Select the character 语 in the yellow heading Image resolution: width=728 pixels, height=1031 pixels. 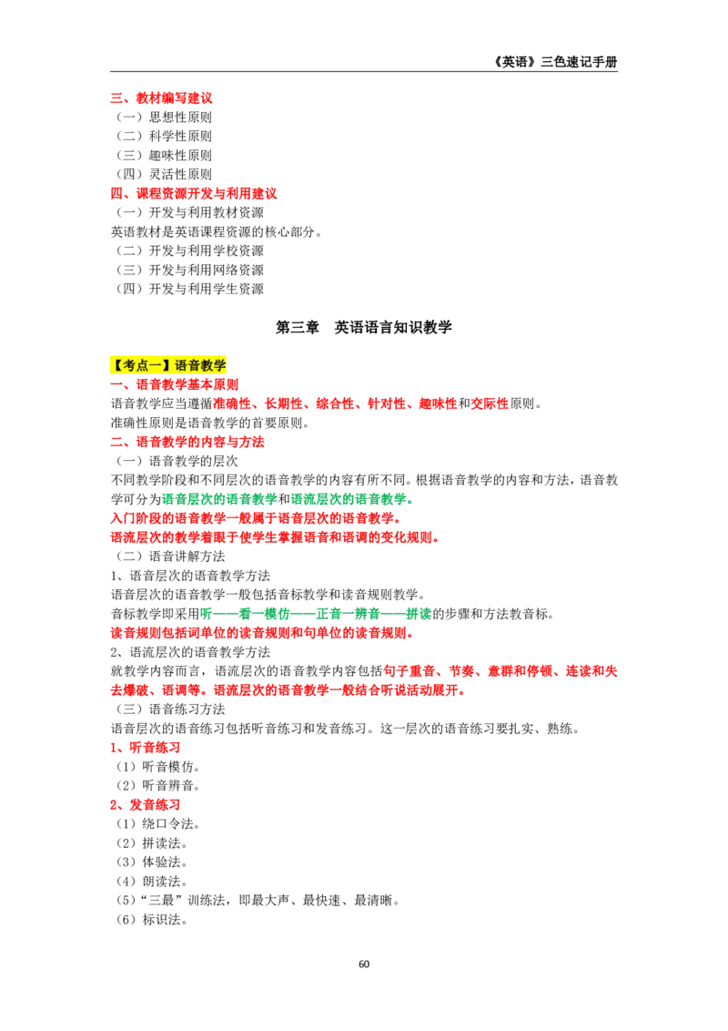click(x=180, y=365)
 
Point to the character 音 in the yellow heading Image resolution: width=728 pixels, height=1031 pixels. click(x=194, y=365)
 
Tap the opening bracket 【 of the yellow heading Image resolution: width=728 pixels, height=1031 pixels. click(x=116, y=365)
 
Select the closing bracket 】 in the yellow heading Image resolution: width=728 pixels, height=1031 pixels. click(x=167, y=365)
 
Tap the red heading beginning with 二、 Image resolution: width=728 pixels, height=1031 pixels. click(x=188, y=444)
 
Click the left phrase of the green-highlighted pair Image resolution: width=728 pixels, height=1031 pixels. click(x=219, y=499)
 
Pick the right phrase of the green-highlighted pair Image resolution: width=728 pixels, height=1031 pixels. click(x=351, y=499)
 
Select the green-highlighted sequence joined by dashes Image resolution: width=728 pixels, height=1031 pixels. click(x=316, y=614)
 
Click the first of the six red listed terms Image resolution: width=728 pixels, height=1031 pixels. click(x=236, y=404)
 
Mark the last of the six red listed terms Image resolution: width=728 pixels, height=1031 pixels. click(x=489, y=404)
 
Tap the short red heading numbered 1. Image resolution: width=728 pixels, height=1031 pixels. click(x=146, y=748)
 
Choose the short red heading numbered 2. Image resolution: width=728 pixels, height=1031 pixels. click(x=146, y=806)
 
